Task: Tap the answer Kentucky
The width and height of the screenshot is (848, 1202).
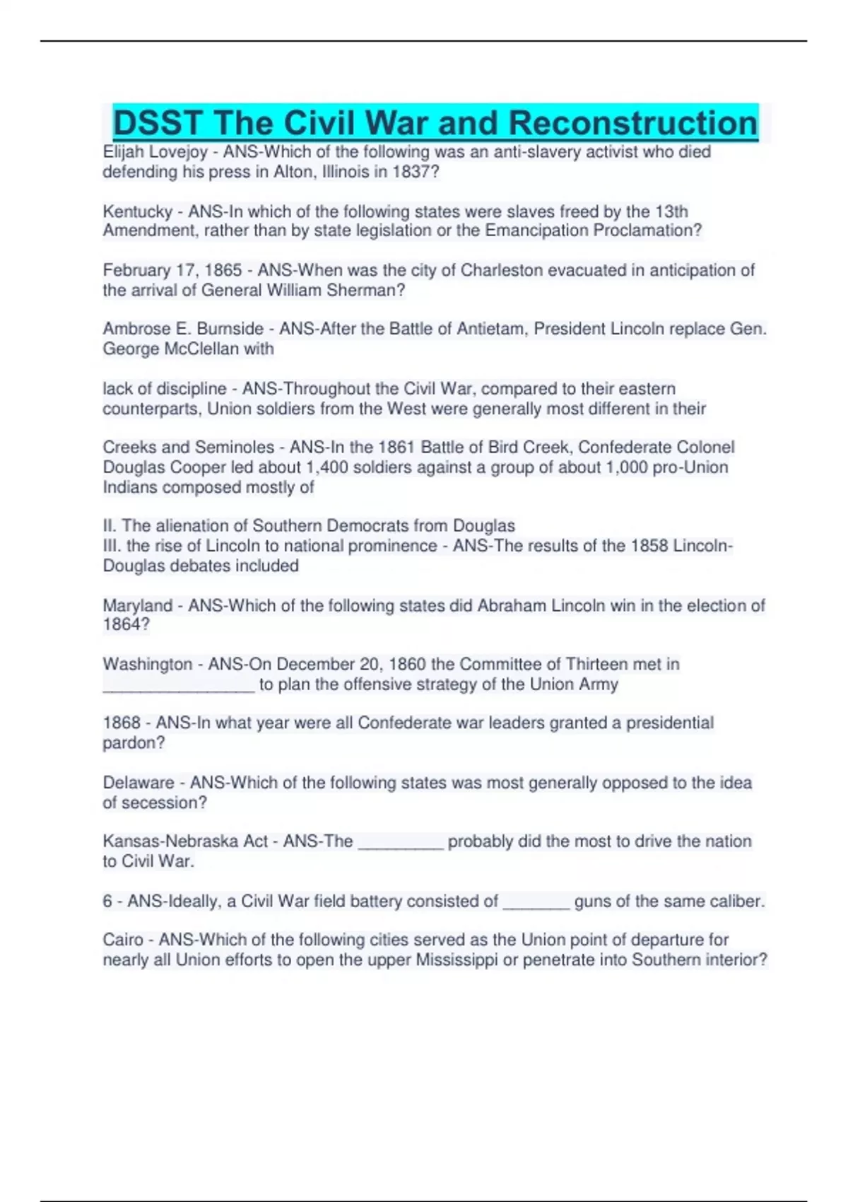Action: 138,211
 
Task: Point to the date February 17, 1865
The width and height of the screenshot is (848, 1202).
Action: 172,270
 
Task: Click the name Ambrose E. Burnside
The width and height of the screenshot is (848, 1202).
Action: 183,329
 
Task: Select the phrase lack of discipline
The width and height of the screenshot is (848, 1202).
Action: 165,389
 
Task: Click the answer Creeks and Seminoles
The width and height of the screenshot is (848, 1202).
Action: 188,447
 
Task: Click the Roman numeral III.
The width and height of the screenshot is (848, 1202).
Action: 112,546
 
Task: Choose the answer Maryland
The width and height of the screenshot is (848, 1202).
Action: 138,605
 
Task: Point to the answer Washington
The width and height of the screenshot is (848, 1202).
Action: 148,664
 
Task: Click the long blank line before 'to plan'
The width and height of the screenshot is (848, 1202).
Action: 179,686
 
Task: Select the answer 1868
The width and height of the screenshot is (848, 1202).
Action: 122,723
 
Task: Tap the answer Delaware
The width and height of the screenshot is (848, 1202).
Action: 139,783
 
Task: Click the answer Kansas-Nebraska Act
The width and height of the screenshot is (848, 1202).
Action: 185,841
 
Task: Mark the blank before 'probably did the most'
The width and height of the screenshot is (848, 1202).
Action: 401,843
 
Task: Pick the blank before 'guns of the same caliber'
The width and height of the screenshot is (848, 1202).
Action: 536,903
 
